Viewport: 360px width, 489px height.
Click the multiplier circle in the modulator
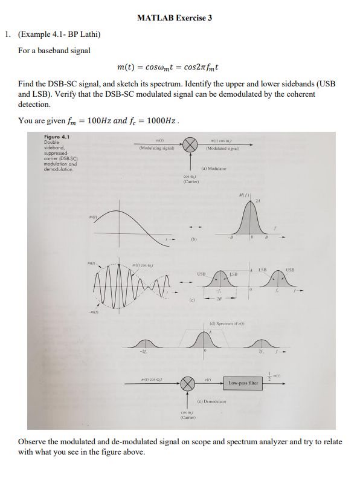pyautogui.click(x=190, y=144)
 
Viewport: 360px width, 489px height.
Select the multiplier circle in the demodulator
pyautogui.click(x=188, y=383)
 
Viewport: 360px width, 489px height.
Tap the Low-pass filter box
pyautogui.click(x=243, y=383)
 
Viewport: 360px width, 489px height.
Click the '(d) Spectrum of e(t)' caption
pyautogui.click(x=227, y=325)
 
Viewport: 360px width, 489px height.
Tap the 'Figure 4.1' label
pyautogui.click(x=57, y=137)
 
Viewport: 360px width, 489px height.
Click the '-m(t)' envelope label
pyautogui.click(x=94, y=311)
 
